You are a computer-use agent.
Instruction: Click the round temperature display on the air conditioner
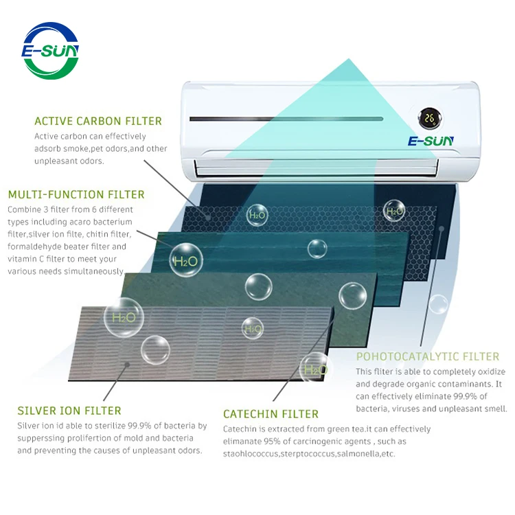[x=431, y=118]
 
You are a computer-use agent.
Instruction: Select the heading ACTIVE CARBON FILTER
[x=98, y=122]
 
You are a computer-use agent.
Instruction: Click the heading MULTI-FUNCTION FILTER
[x=76, y=194]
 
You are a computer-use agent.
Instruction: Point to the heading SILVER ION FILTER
[x=69, y=411]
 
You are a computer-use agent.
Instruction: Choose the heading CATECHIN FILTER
[x=271, y=414]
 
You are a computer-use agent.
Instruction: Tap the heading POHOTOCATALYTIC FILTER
[x=427, y=356]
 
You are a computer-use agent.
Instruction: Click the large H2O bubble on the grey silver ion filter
[x=124, y=318]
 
